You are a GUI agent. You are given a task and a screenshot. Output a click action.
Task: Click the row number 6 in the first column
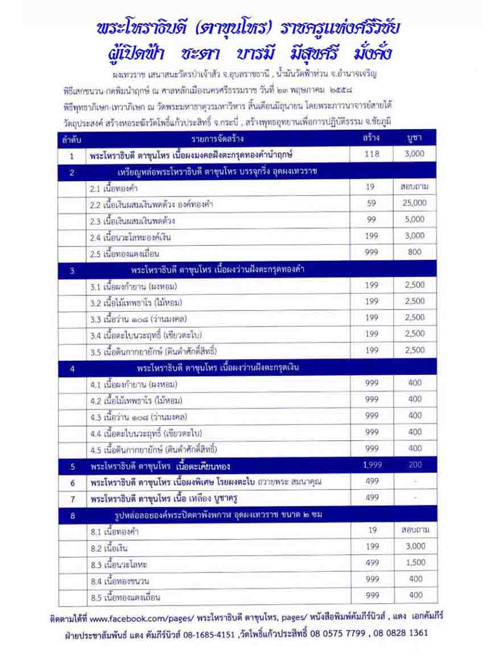coord(73,482)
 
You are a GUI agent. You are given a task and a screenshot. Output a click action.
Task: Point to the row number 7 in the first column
coord(73,498)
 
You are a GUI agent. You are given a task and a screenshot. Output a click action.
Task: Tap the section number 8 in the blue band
coord(73,516)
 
